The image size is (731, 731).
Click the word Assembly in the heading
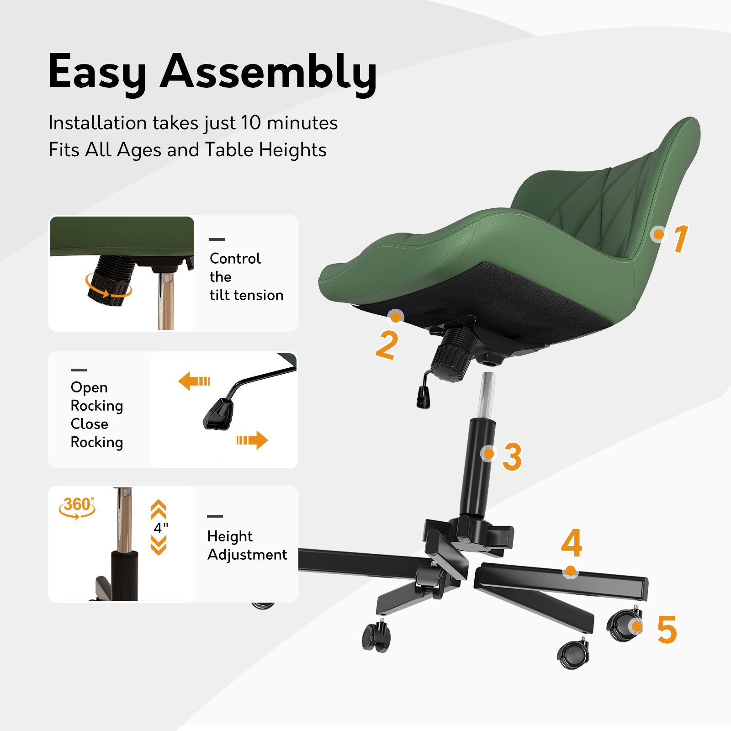tap(269, 72)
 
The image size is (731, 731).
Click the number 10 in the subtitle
tap(251, 122)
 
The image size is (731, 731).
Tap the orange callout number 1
tap(681, 238)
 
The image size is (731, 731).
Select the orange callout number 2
tap(387, 345)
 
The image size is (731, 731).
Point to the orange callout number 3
tap(512, 456)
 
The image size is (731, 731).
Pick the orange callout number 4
tap(572, 543)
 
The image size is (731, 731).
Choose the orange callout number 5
tap(667, 630)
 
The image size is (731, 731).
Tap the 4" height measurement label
tap(161, 528)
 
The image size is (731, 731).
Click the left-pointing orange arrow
tap(194, 381)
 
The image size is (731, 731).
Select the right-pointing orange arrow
tap(252, 440)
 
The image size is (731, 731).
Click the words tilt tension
tap(246, 295)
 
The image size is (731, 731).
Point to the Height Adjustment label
tap(247, 545)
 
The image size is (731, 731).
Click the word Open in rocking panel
tap(89, 387)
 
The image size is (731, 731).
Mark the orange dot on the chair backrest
tap(658, 234)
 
